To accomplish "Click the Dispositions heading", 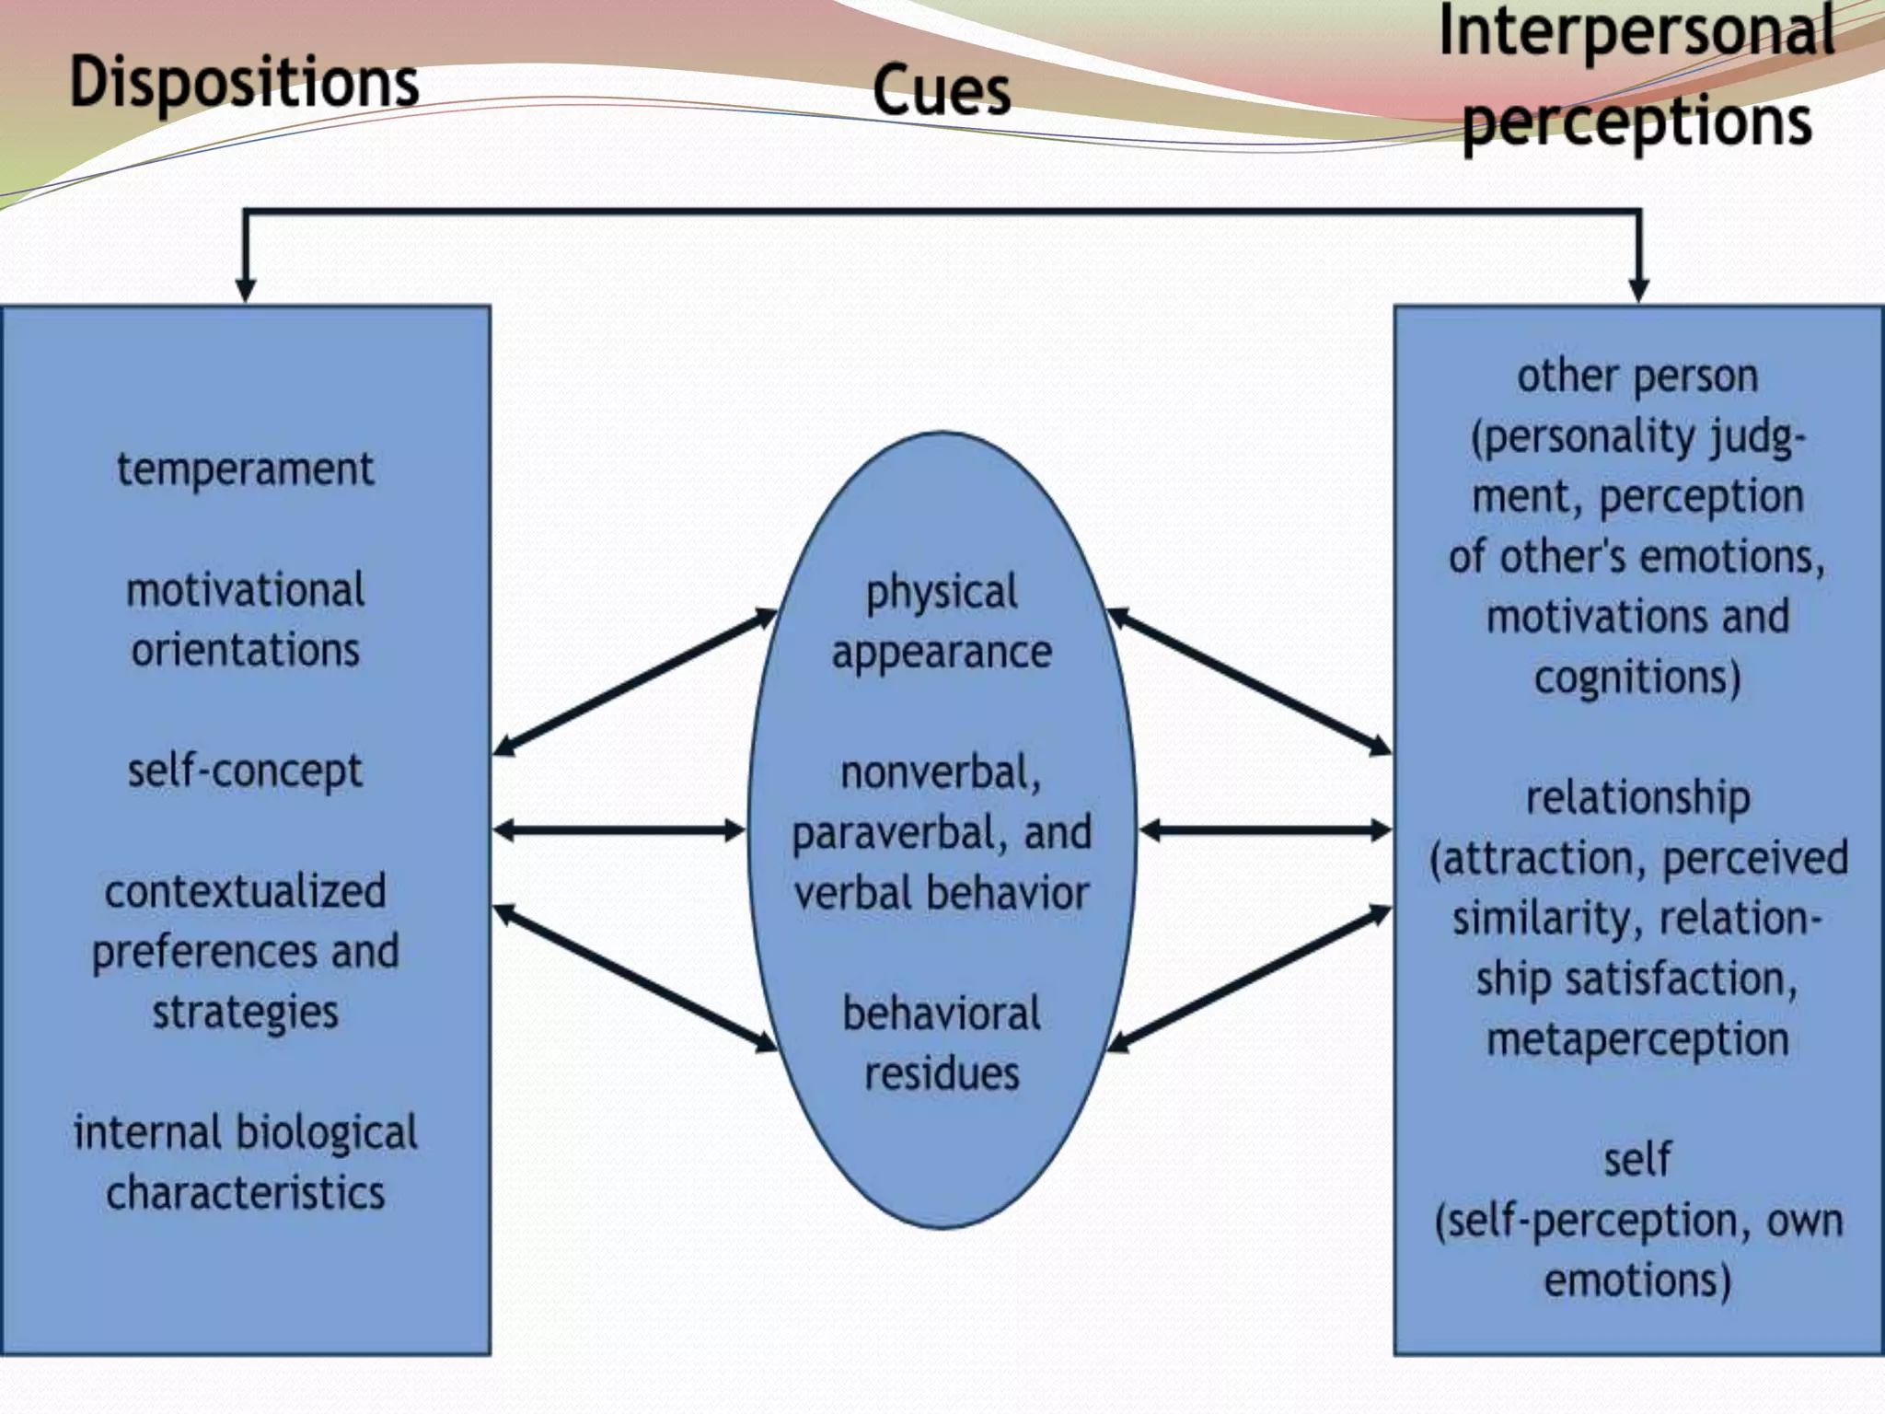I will [x=245, y=83].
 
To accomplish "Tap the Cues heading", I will [x=941, y=90].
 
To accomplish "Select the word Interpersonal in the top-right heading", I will [x=1636, y=30].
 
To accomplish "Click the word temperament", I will [x=245, y=469].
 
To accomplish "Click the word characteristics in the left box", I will [x=245, y=1193].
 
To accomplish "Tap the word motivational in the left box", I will [x=245, y=590].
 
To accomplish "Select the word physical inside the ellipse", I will [x=941, y=593].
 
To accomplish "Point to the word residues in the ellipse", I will [x=941, y=1073].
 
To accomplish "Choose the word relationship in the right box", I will [x=1637, y=798].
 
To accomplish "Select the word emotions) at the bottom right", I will [x=1637, y=1281].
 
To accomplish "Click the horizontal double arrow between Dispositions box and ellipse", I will [x=619, y=831].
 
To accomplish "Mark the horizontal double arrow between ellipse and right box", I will [x=1266, y=831].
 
